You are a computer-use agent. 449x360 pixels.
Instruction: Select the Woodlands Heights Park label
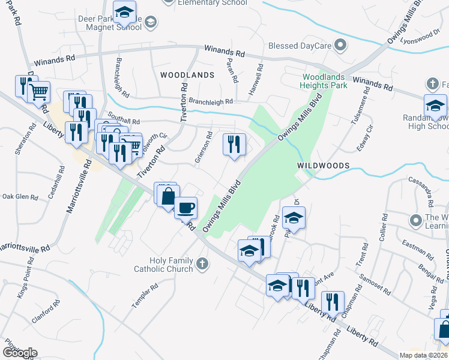[325, 82]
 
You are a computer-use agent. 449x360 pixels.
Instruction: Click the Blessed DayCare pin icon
[341, 45]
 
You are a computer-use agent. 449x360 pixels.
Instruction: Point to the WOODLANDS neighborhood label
[187, 75]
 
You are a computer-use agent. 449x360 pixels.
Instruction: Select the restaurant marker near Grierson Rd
[234, 144]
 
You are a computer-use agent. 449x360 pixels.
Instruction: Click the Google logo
[19, 353]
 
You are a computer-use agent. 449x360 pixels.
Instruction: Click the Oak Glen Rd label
[20, 196]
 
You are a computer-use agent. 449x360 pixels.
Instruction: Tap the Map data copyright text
[423, 355]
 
